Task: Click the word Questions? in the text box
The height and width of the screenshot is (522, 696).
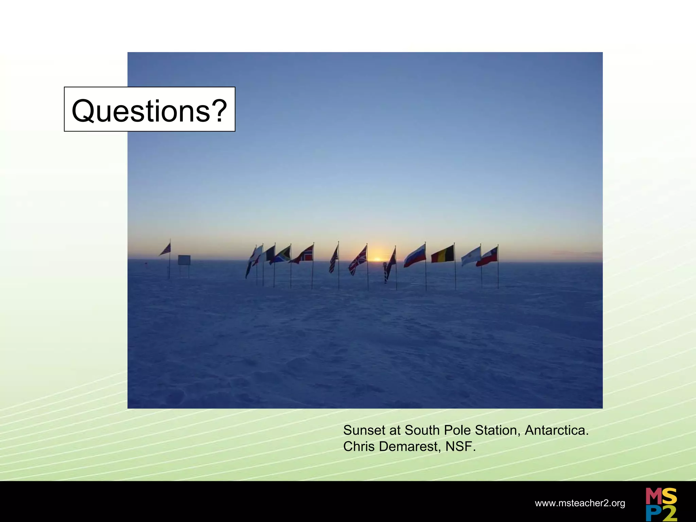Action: tap(149, 111)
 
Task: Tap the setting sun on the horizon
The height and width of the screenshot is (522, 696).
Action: tap(377, 259)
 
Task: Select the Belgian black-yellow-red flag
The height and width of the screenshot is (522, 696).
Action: tap(443, 255)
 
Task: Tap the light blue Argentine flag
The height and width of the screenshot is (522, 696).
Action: tap(471, 257)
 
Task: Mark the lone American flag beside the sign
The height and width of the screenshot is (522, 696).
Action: tap(166, 250)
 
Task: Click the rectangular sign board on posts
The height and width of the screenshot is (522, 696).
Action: tap(184, 260)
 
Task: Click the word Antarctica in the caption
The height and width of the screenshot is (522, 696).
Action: tap(556, 431)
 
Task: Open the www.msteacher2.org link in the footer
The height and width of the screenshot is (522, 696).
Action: tap(580, 503)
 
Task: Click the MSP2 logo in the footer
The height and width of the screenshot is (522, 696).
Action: tap(661, 504)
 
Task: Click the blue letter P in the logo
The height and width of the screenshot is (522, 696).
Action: tap(653, 513)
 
